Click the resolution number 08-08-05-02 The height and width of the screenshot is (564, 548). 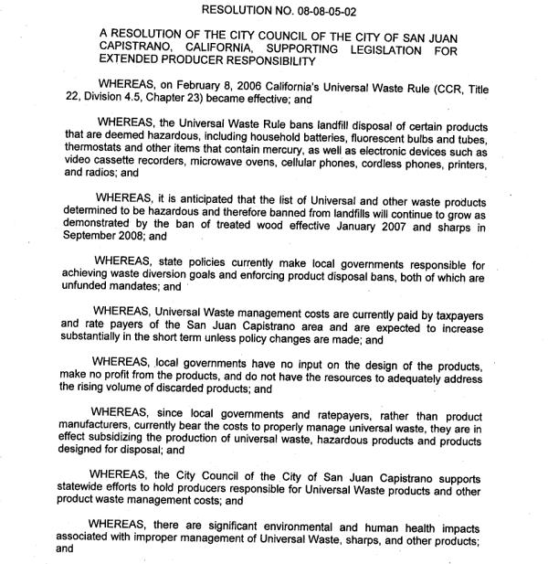point(336,10)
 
